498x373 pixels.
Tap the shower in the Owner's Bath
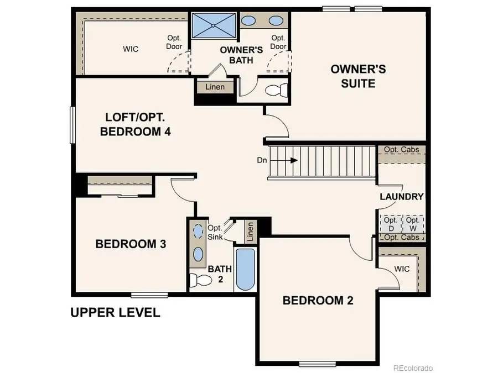tap(214, 24)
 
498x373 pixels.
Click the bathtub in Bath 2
tap(245, 270)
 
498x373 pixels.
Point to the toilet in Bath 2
tap(199, 280)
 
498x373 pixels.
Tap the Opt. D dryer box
tap(391, 224)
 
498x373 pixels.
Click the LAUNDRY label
tap(401, 197)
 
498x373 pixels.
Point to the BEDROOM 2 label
tap(318, 301)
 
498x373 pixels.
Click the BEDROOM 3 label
tap(131, 244)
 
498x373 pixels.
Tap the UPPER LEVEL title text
tap(115, 313)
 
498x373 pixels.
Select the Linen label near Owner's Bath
tap(215, 87)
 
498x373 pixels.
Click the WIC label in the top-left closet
tap(131, 49)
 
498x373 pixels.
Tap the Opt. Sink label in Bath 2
tap(215, 232)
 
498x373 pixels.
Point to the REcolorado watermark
tap(412, 367)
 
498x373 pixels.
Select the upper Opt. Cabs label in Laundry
tap(401, 150)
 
